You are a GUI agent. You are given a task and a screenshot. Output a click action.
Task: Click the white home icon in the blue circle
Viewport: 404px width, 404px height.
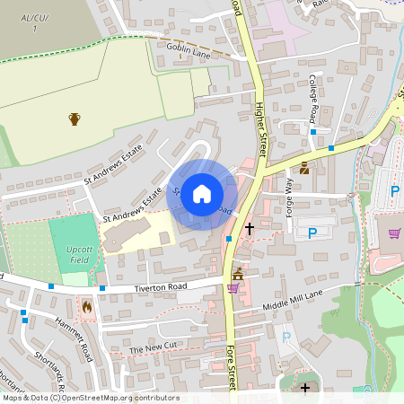point(202,193)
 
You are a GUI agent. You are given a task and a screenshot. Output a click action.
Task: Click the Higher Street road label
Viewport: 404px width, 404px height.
point(259,127)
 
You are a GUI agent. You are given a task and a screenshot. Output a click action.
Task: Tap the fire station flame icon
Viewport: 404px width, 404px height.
point(87,306)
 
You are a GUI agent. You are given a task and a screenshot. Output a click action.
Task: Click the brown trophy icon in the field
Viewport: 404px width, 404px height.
point(75,119)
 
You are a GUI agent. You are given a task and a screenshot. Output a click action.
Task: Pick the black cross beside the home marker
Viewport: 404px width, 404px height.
point(249,230)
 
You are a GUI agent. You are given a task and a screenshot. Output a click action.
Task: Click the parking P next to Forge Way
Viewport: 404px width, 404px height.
point(312,233)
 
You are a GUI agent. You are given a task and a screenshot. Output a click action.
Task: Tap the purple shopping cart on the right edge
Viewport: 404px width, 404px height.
point(393,234)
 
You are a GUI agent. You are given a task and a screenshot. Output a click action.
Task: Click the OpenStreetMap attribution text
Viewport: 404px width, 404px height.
point(90,398)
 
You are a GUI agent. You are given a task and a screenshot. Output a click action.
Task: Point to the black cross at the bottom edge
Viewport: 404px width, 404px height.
point(305,388)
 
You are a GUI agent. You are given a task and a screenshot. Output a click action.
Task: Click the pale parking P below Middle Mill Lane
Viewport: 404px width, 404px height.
point(286,338)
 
